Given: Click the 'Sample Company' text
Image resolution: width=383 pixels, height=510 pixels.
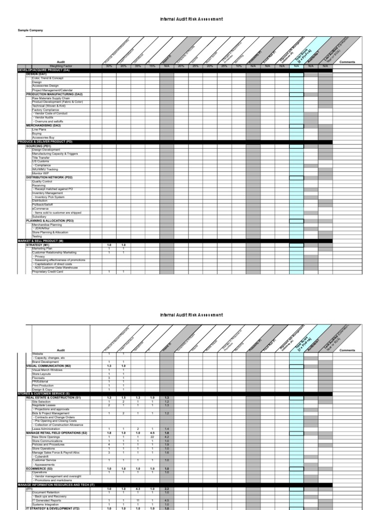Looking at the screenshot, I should pyautogui.click(x=30, y=30).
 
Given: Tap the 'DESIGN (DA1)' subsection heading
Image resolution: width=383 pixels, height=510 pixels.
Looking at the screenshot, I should pyautogui.click(x=36, y=74).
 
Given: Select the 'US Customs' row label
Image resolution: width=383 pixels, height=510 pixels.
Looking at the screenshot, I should pyautogui.click(x=40, y=161).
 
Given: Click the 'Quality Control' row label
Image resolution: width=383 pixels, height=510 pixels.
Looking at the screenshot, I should pyautogui.click(x=42, y=181).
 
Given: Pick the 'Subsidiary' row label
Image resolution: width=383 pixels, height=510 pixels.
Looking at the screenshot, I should pyautogui.click(x=39, y=217).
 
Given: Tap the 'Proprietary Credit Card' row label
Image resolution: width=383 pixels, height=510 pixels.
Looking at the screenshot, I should pyautogui.click(x=48, y=272).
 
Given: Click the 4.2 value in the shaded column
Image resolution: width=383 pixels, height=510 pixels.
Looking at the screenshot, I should pyautogui.click(x=167, y=437).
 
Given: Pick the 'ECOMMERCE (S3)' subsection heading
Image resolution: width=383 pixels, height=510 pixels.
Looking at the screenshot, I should pyautogui.click(x=39, y=469).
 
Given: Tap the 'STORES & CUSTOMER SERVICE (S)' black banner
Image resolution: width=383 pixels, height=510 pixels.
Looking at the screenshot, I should pyautogui.click(x=44, y=393).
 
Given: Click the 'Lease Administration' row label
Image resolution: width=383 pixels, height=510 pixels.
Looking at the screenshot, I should pyautogui.click(x=46, y=429).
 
